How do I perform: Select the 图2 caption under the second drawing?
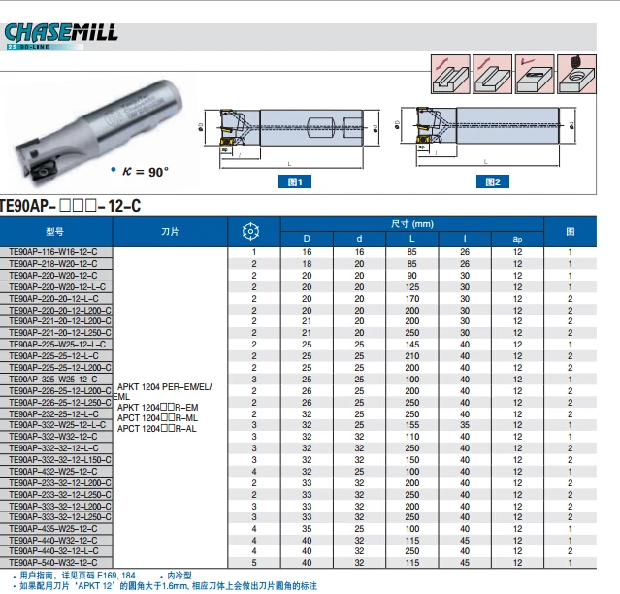pyautogui.click(x=493, y=181)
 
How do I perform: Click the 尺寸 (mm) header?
pyautogui.click(x=411, y=224)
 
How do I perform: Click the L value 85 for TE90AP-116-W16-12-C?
pyautogui.click(x=411, y=252)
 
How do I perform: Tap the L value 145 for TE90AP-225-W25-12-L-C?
pyautogui.click(x=411, y=344)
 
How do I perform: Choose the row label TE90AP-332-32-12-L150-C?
pyautogui.click(x=57, y=460)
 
